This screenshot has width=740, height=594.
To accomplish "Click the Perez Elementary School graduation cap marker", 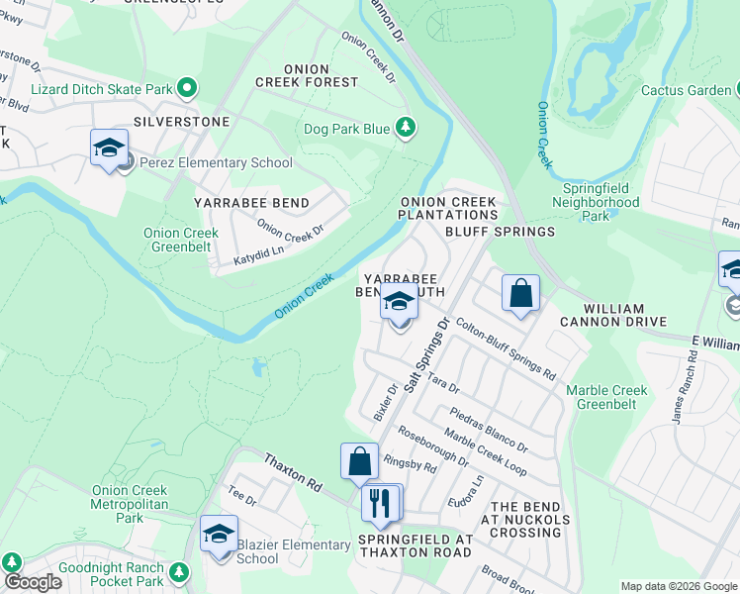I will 109,149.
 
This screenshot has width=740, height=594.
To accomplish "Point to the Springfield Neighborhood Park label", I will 601,201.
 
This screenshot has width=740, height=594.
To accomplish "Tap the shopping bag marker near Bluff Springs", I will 520,294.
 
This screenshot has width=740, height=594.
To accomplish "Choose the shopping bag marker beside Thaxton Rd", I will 359,462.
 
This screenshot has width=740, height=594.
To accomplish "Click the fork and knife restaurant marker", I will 381,503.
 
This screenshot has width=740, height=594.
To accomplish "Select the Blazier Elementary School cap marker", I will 219,536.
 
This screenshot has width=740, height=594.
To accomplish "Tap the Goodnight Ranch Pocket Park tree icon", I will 179,572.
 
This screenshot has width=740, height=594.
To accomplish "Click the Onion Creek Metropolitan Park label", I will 131,503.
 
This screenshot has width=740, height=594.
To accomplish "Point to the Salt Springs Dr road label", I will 427,353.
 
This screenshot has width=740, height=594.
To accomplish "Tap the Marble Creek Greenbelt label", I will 607,397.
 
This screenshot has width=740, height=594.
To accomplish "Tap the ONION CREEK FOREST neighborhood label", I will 307,75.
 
